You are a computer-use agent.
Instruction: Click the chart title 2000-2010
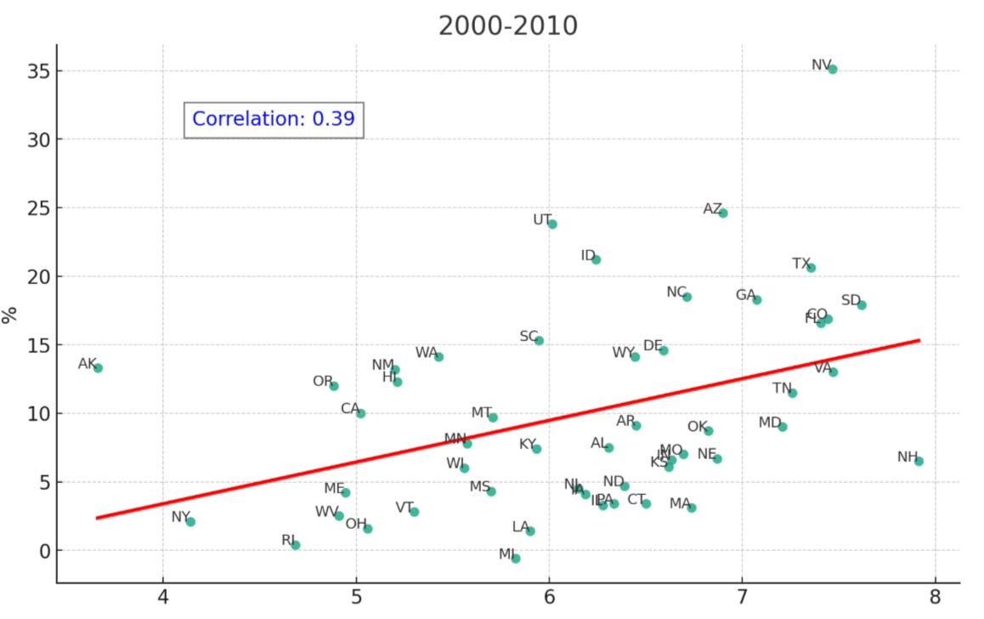point(507,26)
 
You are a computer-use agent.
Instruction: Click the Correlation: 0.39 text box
point(274,119)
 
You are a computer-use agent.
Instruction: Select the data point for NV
point(832,69)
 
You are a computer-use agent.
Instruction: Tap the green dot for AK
point(98,368)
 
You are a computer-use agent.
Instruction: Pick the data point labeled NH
point(919,461)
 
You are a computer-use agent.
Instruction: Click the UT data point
point(552,224)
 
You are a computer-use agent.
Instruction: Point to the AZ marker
point(723,213)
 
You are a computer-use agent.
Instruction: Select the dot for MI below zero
point(516,559)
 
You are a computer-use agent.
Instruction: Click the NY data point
point(190,521)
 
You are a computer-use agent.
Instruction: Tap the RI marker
point(295,545)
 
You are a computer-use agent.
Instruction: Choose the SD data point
point(862,304)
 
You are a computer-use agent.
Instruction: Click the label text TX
point(801,264)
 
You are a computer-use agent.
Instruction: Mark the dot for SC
point(539,340)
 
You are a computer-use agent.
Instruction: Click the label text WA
point(426,352)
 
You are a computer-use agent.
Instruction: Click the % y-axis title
point(10,315)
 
